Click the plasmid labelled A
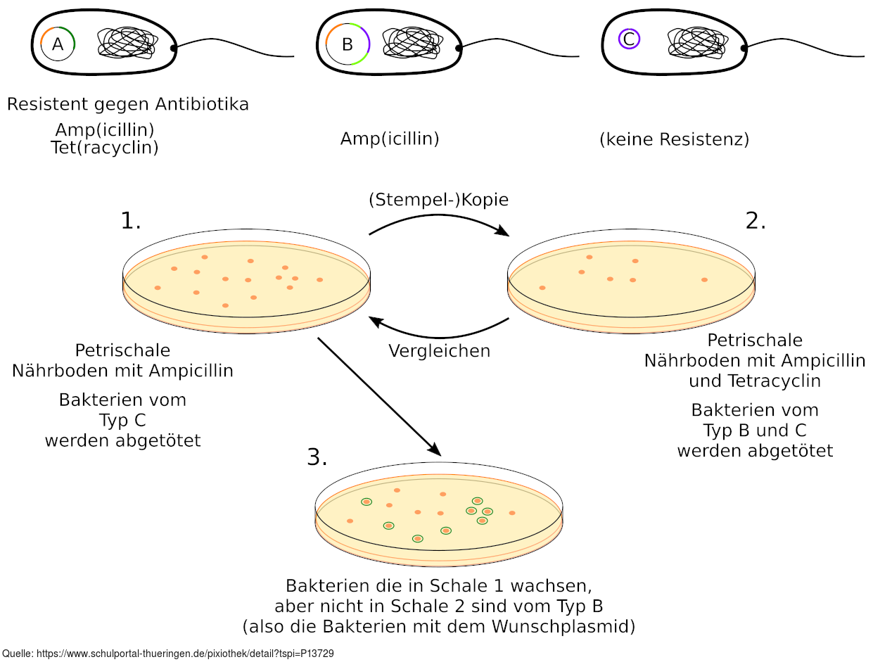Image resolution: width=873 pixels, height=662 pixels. click(58, 44)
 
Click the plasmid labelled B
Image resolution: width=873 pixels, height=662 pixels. click(347, 44)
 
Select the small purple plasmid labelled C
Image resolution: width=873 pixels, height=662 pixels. click(629, 39)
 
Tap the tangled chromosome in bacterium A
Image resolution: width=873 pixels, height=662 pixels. click(127, 43)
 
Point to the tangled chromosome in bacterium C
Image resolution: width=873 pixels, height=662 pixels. click(696, 43)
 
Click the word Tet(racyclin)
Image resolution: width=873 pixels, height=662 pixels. click(105, 148)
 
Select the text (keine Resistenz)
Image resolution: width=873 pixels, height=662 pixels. click(674, 139)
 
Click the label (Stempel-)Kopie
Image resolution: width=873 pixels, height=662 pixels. click(438, 200)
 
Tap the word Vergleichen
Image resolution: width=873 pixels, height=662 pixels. click(439, 350)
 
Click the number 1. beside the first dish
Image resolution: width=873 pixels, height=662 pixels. click(131, 221)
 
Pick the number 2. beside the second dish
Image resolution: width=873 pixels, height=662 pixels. click(756, 221)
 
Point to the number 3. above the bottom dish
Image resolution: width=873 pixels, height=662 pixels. click(317, 457)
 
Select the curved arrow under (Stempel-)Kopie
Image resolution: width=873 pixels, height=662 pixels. click(438, 219)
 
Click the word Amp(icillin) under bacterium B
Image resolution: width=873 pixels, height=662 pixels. click(390, 139)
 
